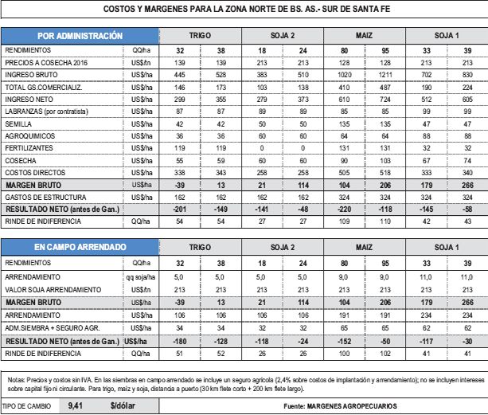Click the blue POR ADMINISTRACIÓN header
[x=79, y=36]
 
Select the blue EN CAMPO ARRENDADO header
[x=80, y=248]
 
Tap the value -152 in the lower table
[x=345, y=339]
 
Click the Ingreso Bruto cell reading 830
[x=467, y=73]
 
